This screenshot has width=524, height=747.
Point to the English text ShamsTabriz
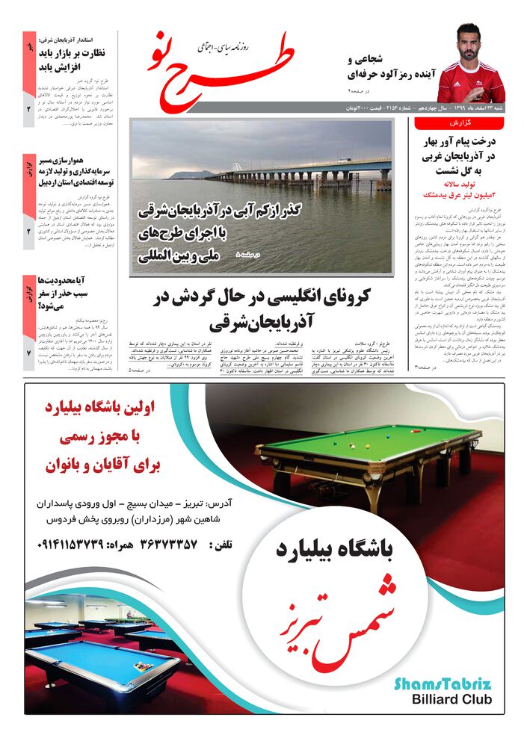[x=443, y=684]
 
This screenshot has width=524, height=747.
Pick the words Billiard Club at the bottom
[x=451, y=700]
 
